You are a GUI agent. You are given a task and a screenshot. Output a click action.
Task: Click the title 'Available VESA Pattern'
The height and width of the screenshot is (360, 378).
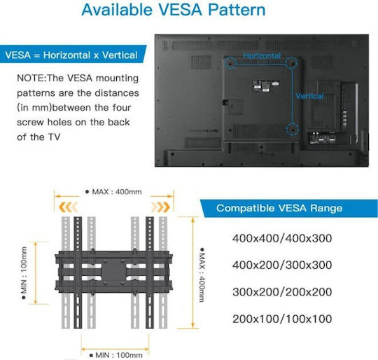(x=174, y=10)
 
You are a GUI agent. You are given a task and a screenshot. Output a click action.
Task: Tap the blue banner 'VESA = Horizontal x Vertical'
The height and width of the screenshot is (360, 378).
(x=72, y=54)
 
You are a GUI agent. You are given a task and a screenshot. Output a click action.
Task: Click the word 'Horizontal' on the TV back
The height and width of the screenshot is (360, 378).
(x=262, y=56)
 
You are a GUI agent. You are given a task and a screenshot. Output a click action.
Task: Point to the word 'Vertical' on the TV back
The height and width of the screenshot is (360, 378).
(x=309, y=96)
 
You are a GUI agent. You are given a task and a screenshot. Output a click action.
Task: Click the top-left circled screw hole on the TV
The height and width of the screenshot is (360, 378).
(x=230, y=64)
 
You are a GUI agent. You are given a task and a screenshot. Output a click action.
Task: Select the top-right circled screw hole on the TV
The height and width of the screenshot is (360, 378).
(x=291, y=63)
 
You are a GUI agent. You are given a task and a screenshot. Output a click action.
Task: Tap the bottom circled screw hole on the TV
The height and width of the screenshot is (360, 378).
(x=293, y=130)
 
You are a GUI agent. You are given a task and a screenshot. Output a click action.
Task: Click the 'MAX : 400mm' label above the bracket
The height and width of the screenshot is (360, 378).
(x=113, y=192)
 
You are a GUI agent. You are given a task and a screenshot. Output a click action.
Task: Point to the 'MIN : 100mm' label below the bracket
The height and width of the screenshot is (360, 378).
(x=115, y=355)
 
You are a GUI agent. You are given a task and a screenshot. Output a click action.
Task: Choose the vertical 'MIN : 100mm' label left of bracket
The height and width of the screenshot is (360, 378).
(x=24, y=272)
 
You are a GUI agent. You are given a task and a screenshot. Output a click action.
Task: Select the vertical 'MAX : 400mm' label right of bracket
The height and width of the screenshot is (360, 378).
(x=202, y=275)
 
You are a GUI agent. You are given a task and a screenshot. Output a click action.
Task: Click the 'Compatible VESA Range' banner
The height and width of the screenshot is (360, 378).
(x=289, y=208)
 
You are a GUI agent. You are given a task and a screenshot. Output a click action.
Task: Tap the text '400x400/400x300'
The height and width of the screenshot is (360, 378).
(x=282, y=238)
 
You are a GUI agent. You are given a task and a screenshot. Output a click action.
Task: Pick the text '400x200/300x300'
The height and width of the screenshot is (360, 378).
(x=282, y=265)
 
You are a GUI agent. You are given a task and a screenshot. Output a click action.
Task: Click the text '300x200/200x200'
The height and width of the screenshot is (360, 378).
(x=282, y=292)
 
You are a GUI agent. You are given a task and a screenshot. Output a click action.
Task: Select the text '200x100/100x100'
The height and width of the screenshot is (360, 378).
(x=282, y=319)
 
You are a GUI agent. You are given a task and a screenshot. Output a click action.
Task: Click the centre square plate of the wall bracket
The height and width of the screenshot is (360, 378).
(x=114, y=272)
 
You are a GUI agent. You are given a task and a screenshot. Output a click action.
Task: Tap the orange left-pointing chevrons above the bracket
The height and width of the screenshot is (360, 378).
(x=68, y=207)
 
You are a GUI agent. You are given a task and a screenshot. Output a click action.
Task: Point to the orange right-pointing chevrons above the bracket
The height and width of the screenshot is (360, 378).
(x=160, y=207)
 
